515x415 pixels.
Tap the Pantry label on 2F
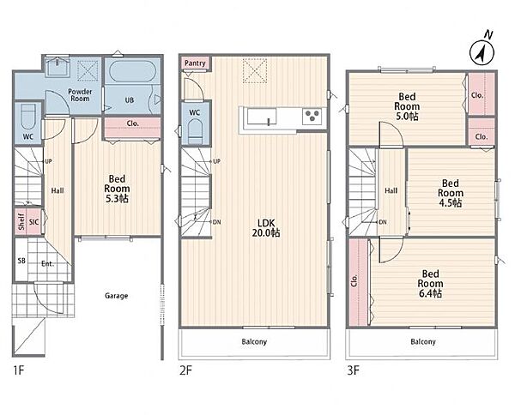point(195,63)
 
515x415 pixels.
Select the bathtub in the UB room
point(132,71)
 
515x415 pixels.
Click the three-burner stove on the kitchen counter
point(312,116)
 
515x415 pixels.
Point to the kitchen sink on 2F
point(262,117)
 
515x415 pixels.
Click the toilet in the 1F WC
point(28,117)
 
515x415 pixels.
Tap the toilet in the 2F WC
point(195,131)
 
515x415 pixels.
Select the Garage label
point(116,296)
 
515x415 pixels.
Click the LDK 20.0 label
point(266,228)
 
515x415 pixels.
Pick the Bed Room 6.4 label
point(430,284)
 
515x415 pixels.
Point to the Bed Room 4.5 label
point(451,193)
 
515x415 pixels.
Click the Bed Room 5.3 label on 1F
point(117,189)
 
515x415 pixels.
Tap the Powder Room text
point(80,95)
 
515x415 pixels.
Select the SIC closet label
point(33,222)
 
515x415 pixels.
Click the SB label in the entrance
point(21,262)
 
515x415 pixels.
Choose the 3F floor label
point(354,370)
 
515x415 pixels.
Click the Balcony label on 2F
point(254,342)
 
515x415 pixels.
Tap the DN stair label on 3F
point(383,222)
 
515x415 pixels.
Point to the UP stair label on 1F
point(48,161)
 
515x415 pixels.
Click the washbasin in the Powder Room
point(58,67)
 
